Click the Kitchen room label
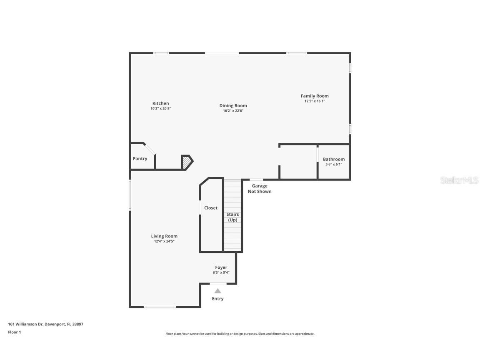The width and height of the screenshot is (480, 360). click(x=160, y=103)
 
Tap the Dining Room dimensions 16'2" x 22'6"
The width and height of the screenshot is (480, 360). click(x=233, y=111)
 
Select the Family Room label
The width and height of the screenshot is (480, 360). click(x=315, y=96)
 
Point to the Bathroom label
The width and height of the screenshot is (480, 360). click(x=334, y=159)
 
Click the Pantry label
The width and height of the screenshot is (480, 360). click(x=140, y=158)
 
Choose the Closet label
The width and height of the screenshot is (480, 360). click(x=211, y=207)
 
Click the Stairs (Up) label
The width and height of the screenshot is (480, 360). click(x=232, y=217)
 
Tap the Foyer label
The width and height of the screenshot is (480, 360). click(x=221, y=267)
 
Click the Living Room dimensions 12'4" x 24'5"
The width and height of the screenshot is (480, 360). click(x=164, y=241)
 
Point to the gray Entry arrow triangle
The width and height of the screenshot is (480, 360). click(x=217, y=291)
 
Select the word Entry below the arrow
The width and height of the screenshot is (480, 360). click(x=217, y=299)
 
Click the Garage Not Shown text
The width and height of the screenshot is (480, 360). click(x=260, y=189)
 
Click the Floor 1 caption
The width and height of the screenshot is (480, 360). click(x=14, y=332)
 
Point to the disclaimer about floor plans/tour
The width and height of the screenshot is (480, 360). click(x=240, y=334)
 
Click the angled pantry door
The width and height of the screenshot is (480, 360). click(x=150, y=149)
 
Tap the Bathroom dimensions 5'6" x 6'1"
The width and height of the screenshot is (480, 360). click(x=334, y=165)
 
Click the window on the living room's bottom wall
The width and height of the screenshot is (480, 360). click(x=160, y=307)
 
